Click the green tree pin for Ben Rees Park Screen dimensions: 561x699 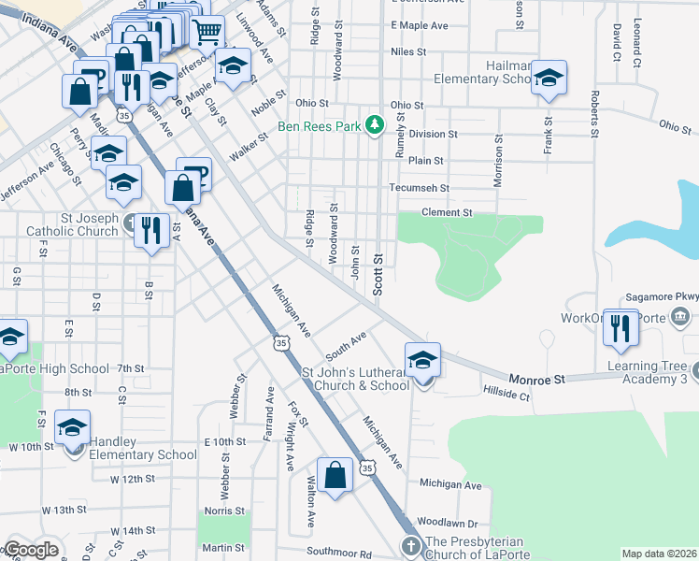375,124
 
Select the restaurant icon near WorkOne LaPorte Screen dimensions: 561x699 621,327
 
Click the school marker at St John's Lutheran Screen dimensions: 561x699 422,360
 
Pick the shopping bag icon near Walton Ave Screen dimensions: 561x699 335,475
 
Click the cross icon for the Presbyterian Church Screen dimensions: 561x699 410,545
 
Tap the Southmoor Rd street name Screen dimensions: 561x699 339,554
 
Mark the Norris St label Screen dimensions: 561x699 224,511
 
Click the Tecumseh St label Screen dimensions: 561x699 420,188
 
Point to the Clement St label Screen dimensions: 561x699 447,213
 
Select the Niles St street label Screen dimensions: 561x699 409,52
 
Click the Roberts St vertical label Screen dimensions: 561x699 593,114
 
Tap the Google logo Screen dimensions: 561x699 31,550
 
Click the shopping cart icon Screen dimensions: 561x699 207,33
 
